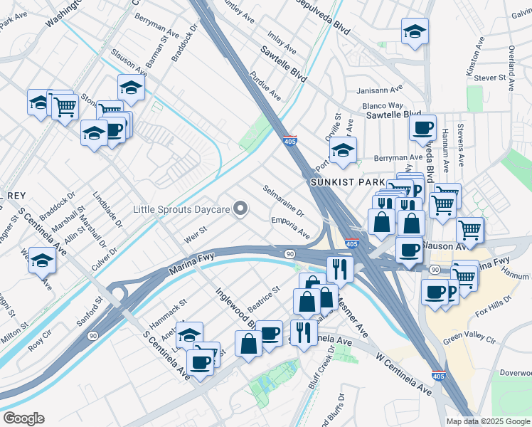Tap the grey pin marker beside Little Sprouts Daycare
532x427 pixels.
click(x=241, y=209)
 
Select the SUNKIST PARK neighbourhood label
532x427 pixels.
click(x=342, y=183)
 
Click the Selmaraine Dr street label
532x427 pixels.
click(x=283, y=203)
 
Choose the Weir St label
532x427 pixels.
click(x=194, y=232)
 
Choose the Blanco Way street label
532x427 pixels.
click(x=383, y=106)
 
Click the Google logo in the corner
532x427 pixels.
click(x=23, y=418)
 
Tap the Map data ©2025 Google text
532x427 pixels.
click(x=487, y=421)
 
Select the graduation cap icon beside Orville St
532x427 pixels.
click(x=342, y=150)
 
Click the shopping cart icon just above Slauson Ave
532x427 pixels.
click(x=471, y=228)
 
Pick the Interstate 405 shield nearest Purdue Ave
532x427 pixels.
click(x=289, y=141)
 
